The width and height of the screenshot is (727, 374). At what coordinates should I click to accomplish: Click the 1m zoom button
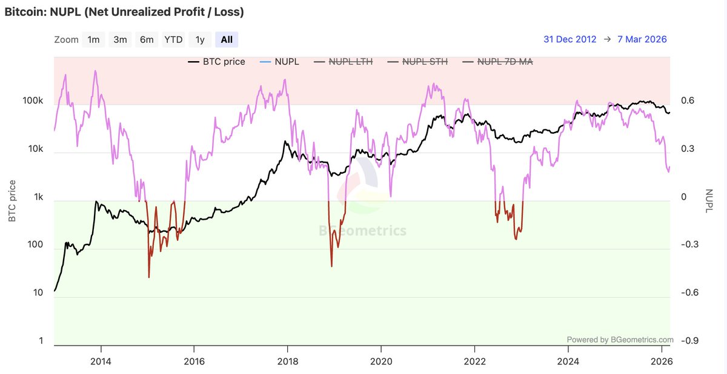(93, 40)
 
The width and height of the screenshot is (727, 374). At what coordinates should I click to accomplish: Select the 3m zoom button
(120, 40)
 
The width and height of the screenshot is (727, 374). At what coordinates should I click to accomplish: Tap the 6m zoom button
(147, 40)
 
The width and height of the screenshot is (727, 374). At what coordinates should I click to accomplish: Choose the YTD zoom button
(173, 40)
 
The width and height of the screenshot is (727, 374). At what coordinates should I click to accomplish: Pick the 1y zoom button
(200, 40)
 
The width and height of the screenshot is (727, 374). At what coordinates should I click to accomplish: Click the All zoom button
(227, 40)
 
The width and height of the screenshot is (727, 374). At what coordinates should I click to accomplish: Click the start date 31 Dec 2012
(569, 39)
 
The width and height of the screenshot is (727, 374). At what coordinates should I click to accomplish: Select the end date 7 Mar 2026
(642, 39)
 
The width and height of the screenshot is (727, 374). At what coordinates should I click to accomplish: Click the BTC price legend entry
(216, 61)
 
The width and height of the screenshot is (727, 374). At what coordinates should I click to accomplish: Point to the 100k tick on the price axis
(33, 100)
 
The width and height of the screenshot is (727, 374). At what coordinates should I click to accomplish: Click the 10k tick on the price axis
(35, 149)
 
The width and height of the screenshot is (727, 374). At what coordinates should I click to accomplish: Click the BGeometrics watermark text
(362, 231)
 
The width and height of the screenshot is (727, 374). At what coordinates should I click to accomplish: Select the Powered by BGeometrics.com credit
(620, 340)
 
